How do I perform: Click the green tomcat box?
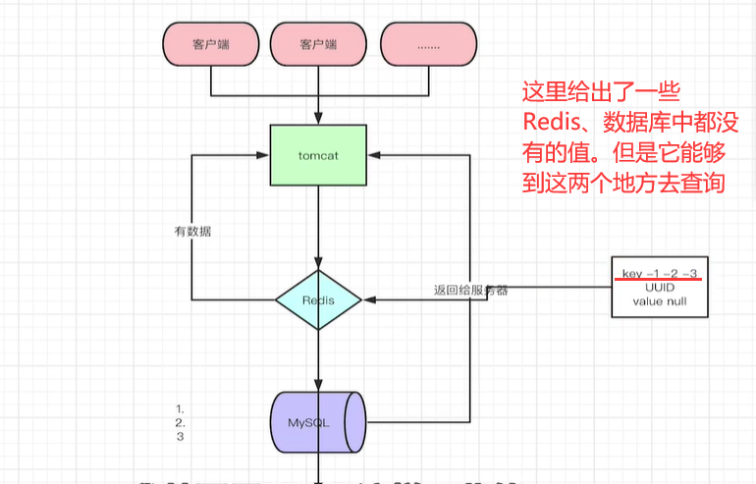[318, 155]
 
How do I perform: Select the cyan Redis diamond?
[318, 299]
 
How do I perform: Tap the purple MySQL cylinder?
[318, 423]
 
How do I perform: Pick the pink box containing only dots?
[428, 44]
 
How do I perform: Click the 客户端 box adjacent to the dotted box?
[318, 44]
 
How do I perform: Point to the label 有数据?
[192, 232]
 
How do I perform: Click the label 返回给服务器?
[470, 291]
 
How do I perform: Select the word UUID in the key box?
[655, 286]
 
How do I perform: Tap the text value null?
[655, 300]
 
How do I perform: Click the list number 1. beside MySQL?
[181, 407]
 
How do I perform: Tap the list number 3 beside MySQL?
[181, 437]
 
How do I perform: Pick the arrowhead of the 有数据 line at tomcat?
[264, 155]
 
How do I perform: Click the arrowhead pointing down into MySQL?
[318, 386]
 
